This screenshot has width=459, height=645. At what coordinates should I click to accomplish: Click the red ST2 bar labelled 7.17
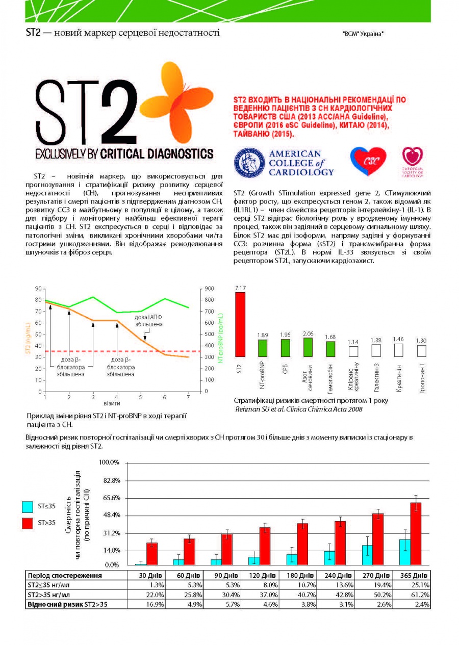pyautogui.click(x=240, y=324)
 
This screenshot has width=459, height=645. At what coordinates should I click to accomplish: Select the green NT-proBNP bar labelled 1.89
pyautogui.click(x=262, y=348)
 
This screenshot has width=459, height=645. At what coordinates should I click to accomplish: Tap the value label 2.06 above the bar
pyautogui.click(x=308, y=334)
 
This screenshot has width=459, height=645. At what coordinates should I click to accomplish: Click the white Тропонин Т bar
pyautogui.click(x=421, y=351)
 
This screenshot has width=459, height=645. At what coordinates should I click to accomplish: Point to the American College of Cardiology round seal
pyautogui.click(x=249, y=163)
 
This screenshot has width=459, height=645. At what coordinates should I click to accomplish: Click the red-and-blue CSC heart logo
pyautogui.click(x=368, y=161)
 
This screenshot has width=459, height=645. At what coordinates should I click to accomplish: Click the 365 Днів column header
pyautogui.click(x=414, y=576)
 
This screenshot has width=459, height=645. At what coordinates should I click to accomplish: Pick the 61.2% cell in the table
pyautogui.click(x=421, y=595)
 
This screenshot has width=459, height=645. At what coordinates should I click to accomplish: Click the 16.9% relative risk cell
pyautogui.click(x=155, y=604)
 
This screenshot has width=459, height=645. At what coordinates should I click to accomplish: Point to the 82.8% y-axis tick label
pyautogui.click(x=111, y=481)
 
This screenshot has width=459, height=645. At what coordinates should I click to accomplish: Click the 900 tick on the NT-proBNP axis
pyautogui.click(x=209, y=289)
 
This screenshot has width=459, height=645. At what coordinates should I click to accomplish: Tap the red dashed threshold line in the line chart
pyautogui.click(x=123, y=351)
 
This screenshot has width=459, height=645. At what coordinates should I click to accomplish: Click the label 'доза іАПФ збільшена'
pyautogui.click(x=148, y=321)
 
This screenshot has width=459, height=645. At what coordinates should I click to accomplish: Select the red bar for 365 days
pyautogui.click(x=416, y=534)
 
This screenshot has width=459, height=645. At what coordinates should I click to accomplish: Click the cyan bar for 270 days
pyautogui.click(x=367, y=555)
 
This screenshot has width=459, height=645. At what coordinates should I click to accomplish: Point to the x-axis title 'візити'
pyautogui.click(x=112, y=403)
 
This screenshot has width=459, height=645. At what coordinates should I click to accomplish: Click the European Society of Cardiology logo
pyautogui.click(x=413, y=162)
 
